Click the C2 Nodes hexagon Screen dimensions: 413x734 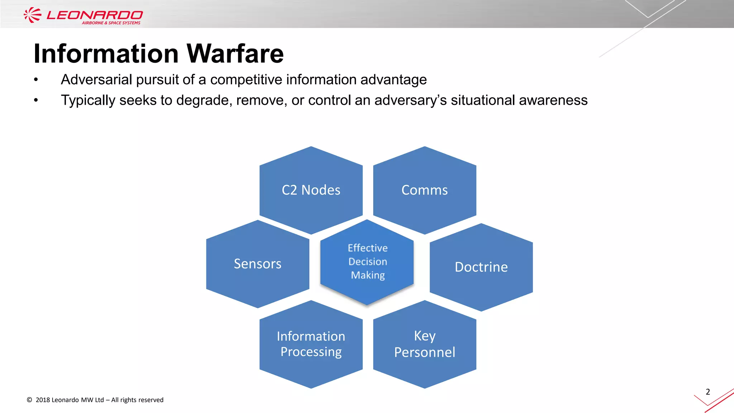coord(311,190)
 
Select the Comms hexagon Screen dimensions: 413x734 coord(425,190)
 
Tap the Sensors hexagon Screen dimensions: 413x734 coord(258,264)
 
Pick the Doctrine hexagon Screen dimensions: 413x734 coord(481,267)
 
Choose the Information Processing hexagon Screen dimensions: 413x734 coord(311,344)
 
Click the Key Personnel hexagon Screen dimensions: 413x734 coord(425,344)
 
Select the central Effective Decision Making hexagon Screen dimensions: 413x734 coord(367,262)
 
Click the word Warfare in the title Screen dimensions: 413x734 coord(235,54)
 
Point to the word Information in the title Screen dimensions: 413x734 coord(106,54)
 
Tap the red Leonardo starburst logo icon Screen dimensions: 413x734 coord(33,15)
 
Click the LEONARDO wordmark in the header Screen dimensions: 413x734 coord(95,15)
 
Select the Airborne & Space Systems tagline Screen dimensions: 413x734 coord(111,23)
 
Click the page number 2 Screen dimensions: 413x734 coord(708,392)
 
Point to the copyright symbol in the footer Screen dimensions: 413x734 coord(29,400)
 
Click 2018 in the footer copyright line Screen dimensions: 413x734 coord(43,400)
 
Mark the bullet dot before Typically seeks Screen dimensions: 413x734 coord(36,100)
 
